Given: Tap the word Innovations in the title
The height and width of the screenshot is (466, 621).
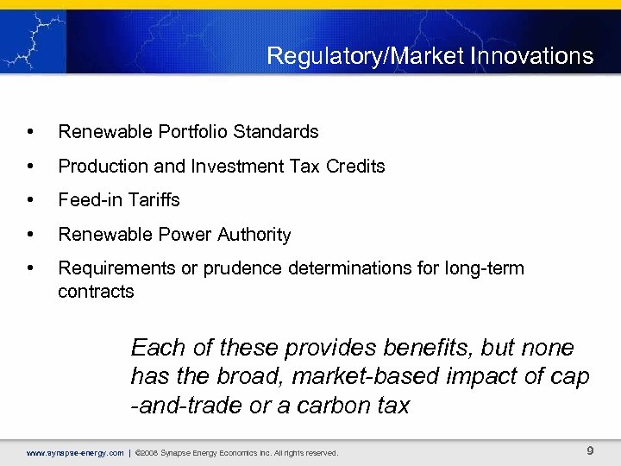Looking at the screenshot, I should pos(541,57).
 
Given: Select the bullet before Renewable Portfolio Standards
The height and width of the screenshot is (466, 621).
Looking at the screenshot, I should pos(31,132).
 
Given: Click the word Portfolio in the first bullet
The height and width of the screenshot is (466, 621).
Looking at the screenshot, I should pos(191,132).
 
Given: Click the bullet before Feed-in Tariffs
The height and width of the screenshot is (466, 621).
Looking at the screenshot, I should pos(31,200).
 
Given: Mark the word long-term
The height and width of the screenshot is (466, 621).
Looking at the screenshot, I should pos(482,268).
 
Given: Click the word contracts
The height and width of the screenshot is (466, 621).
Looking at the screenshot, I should pos(96,292).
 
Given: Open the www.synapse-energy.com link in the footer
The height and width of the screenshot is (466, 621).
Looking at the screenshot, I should pos(75,452).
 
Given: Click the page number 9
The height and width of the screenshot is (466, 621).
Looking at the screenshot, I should pos(590,450).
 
